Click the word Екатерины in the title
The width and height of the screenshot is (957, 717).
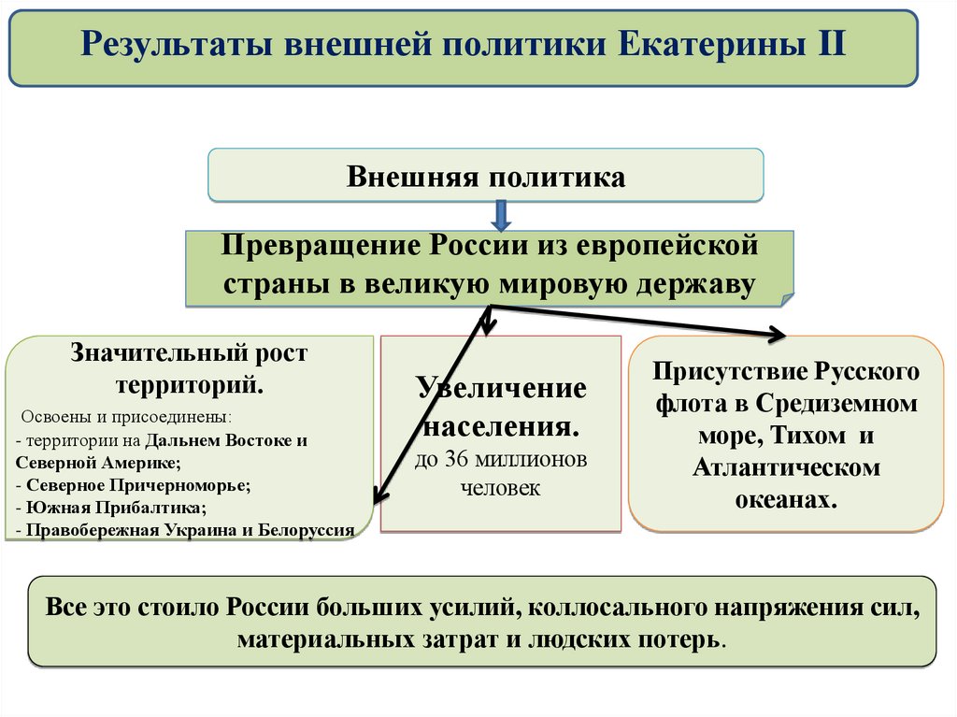pyautogui.click(x=699, y=44)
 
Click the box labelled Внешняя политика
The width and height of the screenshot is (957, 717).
pyautogui.click(x=485, y=175)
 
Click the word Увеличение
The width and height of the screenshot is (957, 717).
pyautogui.click(x=501, y=388)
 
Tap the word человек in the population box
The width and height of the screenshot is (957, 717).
pyautogui.click(x=500, y=487)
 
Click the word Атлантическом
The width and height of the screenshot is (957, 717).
pyautogui.click(x=786, y=467)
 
